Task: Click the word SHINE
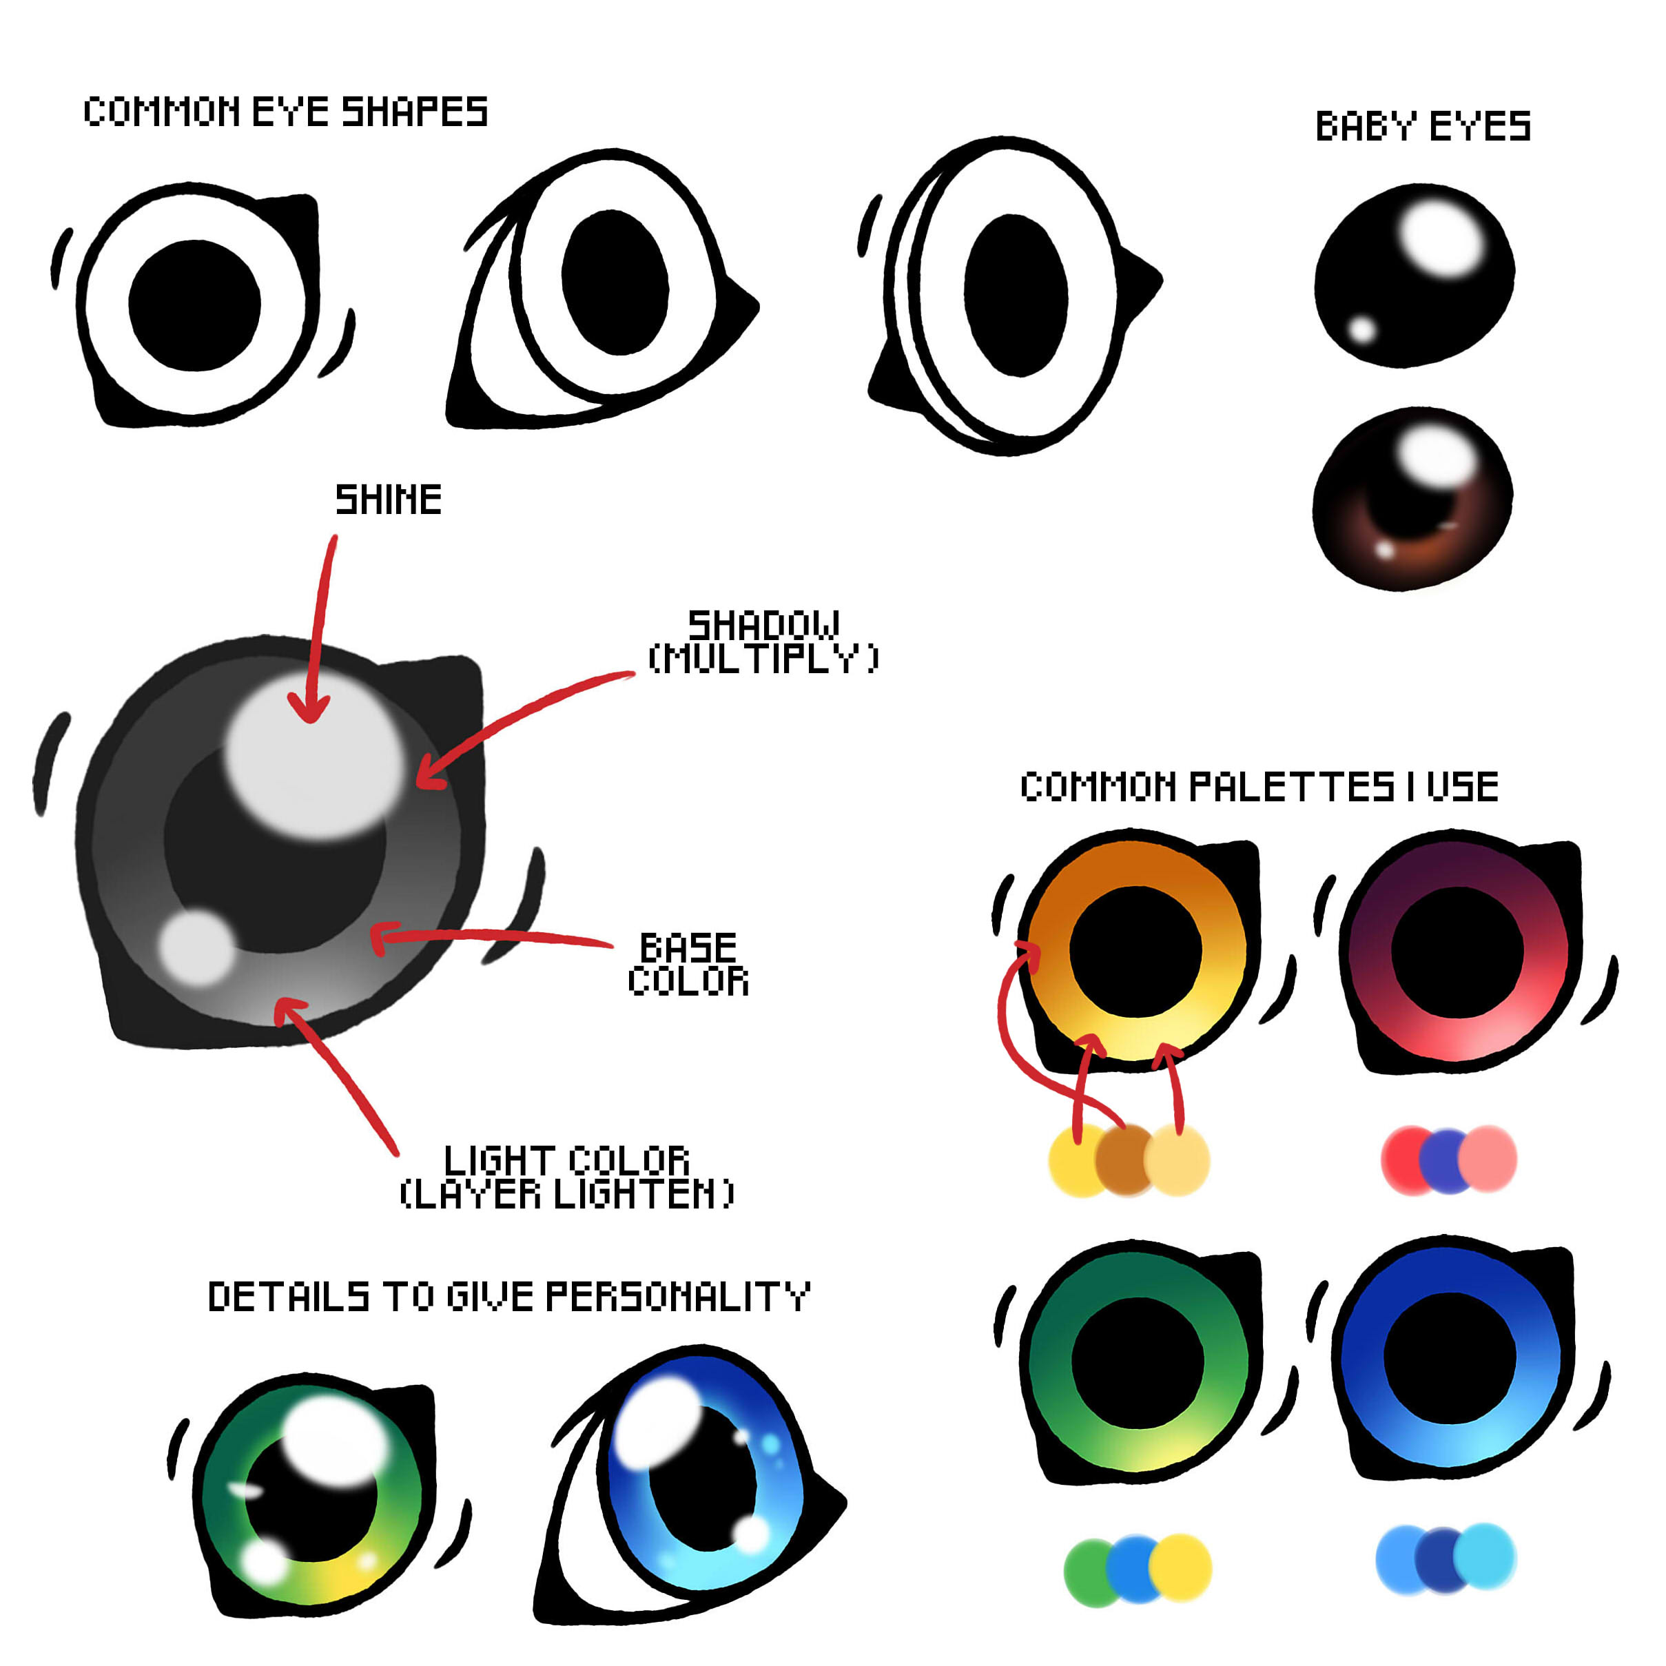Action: click(x=388, y=500)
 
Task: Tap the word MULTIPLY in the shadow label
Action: click(x=764, y=659)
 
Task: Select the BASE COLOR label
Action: click(x=688, y=964)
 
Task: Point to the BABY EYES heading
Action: click(x=1423, y=127)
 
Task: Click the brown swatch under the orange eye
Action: click(x=1123, y=1160)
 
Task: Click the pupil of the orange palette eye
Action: click(x=1135, y=951)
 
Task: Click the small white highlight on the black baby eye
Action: click(x=1361, y=329)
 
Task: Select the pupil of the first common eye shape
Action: click(x=195, y=305)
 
